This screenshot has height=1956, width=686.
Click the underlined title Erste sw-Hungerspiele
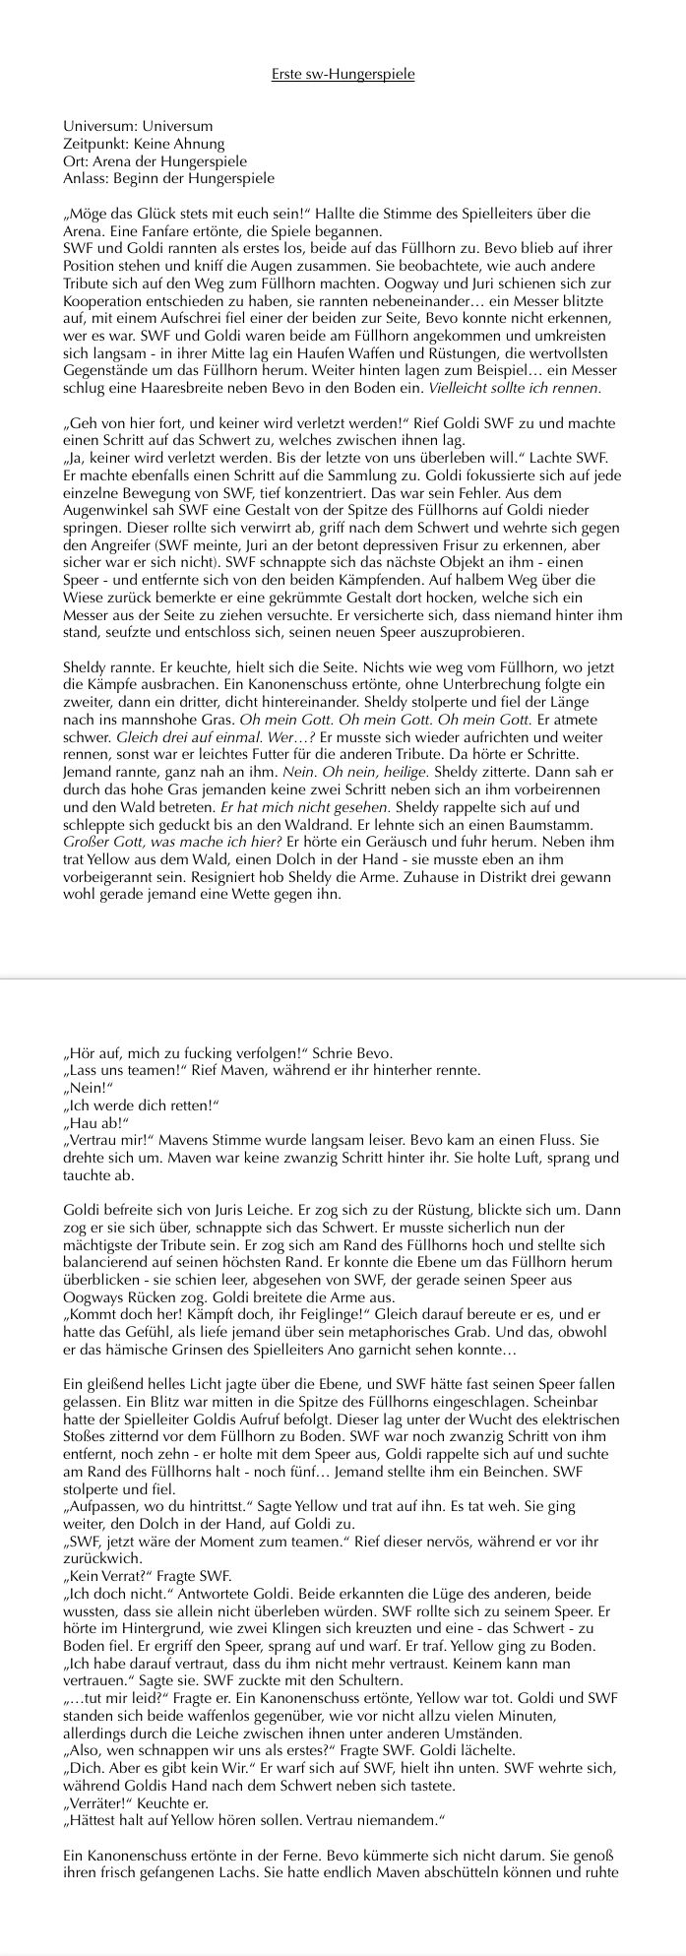tap(343, 75)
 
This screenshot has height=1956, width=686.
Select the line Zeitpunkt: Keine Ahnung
tap(144, 144)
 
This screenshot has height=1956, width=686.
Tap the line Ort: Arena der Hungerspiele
tap(155, 160)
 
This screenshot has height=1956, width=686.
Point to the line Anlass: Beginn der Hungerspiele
tap(168, 178)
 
